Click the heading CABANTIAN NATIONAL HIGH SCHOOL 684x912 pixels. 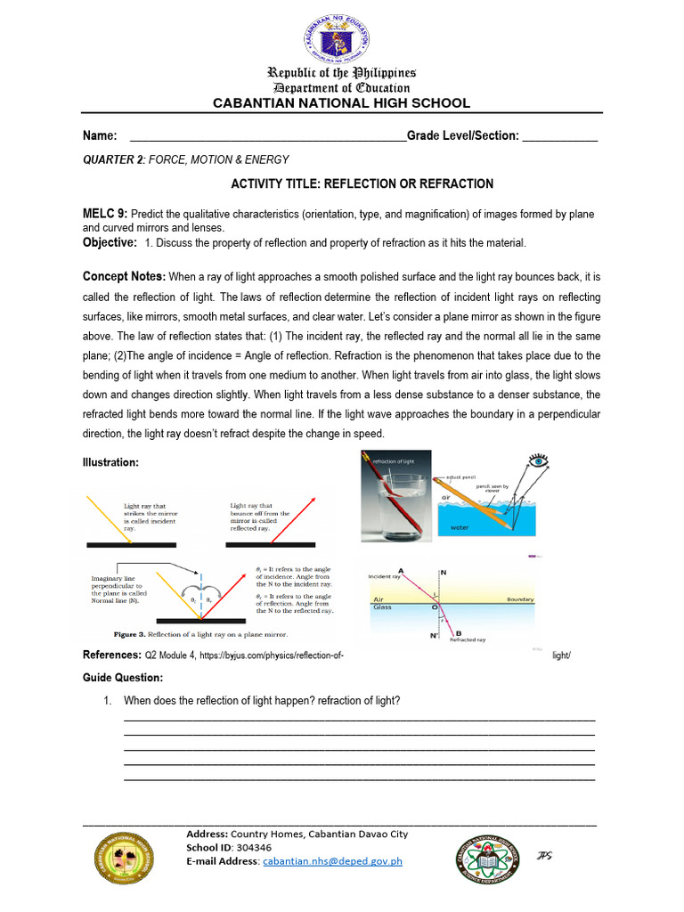(341, 103)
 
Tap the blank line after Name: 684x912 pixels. (267, 136)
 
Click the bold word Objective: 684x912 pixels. (110, 242)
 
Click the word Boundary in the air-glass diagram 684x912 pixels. (519, 600)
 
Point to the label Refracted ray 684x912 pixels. (468, 639)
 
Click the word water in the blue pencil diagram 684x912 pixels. (460, 526)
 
